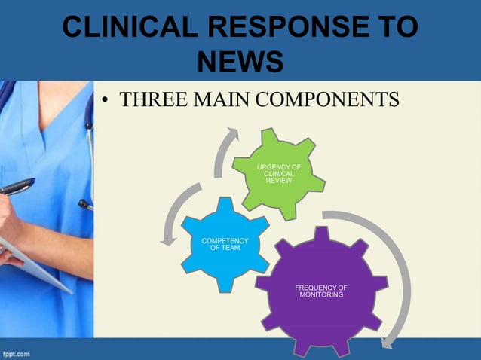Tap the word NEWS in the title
click(240, 63)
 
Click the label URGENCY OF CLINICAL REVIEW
click(278, 173)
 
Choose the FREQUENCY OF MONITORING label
click(321, 291)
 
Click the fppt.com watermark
click(16, 352)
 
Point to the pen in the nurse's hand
click(15, 187)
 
